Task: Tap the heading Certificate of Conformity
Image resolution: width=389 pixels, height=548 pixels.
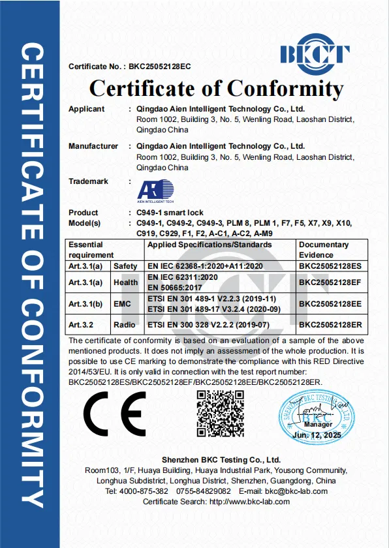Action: tap(216, 88)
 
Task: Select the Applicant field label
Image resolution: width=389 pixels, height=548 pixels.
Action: tap(86, 109)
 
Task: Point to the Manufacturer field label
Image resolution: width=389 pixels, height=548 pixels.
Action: tap(93, 146)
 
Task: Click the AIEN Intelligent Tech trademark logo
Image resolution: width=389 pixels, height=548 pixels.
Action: tap(155, 190)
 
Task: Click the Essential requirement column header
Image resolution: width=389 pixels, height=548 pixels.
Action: tap(91, 249)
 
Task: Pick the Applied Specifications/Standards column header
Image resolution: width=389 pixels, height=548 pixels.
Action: tap(210, 245)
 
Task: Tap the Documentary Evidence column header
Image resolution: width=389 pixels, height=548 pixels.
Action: tap(324, 249)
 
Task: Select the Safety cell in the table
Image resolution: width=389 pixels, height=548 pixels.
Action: tap(125, 266)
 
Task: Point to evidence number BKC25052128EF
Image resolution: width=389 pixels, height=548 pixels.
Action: tap(329, 282)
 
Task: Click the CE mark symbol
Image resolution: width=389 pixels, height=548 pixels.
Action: tap(109, 412)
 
